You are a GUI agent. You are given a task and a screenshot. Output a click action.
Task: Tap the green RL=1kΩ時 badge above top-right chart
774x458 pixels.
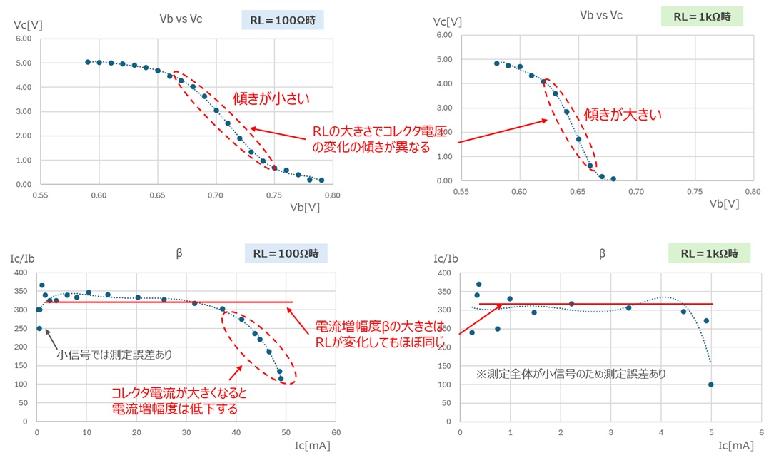tap(701, 16)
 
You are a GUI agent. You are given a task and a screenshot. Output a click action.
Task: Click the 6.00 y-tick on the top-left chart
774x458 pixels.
tap(23, 39)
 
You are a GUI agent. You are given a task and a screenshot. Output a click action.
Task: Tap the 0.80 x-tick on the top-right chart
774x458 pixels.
tap(752, 193)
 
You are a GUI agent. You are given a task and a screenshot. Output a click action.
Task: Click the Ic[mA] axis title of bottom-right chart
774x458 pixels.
tap(735, 445)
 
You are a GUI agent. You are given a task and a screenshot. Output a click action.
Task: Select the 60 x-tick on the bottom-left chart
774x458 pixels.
tap(336, 434)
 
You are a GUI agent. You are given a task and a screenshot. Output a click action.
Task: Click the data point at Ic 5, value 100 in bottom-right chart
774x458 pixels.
tap(711, 385)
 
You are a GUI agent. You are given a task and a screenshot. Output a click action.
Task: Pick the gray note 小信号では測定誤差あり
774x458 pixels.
tap(114, 353)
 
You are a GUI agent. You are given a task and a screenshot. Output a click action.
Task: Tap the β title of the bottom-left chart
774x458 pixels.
tap(179, 253)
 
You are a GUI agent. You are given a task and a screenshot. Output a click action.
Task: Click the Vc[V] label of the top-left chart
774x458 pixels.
tap(29, 24)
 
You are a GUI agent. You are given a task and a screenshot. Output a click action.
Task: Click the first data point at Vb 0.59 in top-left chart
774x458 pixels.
tap(88, 62)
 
